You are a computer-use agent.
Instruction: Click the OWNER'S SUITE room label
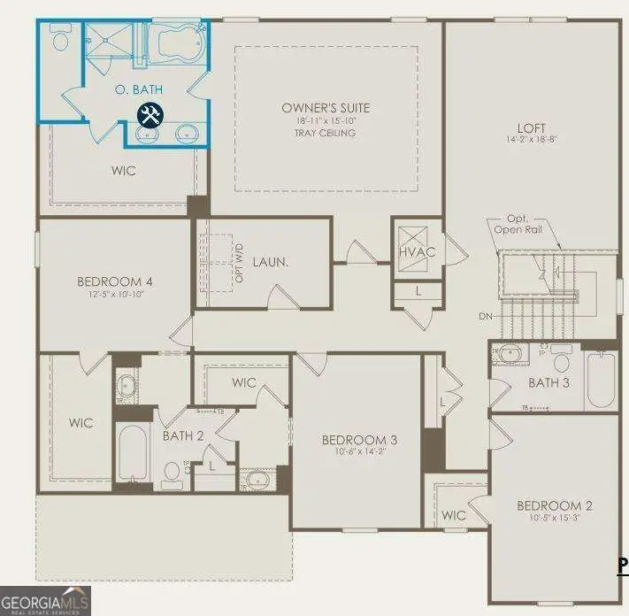[x=326, y=108]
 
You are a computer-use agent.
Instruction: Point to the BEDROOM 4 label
[x=111, y=282]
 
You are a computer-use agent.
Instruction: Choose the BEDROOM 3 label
[x=358, y=440]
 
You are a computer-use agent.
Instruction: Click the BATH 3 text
[x=548, y=383]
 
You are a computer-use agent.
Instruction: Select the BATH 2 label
[x=184, y=435]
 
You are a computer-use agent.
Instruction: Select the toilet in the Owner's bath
[x=61, y=38]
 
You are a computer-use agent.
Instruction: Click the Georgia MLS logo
[x=45, y=600]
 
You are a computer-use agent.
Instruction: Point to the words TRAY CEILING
[x=326, y=133]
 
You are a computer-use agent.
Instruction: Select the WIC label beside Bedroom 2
[x=453, y=515]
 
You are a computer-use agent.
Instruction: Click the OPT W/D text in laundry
[x=239, y=264]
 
